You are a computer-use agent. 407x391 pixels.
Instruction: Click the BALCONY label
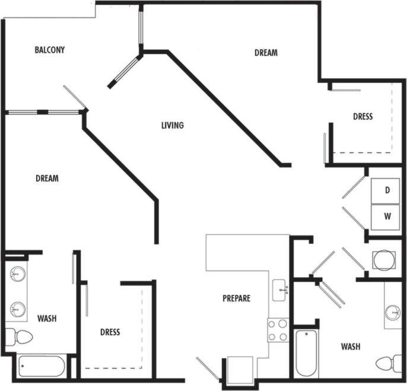[49, 50]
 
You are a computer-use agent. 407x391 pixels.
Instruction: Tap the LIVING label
[173, 125]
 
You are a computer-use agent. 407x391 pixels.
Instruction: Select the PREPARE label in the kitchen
[236, 298]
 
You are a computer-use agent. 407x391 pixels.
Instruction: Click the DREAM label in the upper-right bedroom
[266, 53]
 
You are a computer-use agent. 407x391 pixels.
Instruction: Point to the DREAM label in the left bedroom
[47, 178]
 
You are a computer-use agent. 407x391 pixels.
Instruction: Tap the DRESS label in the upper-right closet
[363, 117]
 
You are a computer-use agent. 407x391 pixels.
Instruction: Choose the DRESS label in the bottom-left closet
[110, 332]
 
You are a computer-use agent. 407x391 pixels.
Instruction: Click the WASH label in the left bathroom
[47, 319]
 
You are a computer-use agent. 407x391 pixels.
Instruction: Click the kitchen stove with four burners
[278, 330]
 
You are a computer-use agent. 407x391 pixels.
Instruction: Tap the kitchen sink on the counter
[281, 290]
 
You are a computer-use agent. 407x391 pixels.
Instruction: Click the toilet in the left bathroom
[19, 337]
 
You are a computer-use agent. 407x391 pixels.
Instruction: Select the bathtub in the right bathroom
[306, 353]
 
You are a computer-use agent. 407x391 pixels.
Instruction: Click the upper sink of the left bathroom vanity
[17, 275]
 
